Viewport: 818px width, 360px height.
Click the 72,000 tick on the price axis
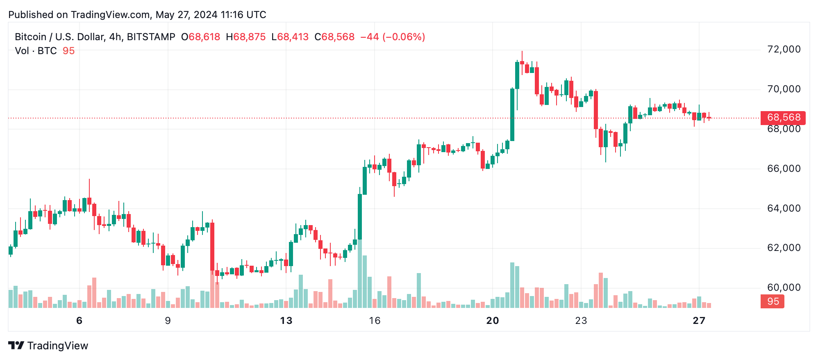coord(783,50)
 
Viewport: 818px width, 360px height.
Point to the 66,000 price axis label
coord(783,169)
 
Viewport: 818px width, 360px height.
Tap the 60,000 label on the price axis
coord(783,287)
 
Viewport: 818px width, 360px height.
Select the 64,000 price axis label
coord(783,208)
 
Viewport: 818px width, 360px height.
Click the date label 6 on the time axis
coord(80,321)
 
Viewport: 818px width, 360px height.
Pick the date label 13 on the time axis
coord(286,321)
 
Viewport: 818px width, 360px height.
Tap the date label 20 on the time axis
coord(493,321)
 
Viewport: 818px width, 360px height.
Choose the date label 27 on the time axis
coord(699,321)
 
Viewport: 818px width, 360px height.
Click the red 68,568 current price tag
coord(783,118)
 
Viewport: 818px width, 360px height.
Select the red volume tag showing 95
coord(773,301)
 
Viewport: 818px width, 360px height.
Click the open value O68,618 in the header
coord(201,37)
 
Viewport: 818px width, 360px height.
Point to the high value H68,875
coord(246,37)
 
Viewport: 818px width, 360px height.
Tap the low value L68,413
coord(290,37)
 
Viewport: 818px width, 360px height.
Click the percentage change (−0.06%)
coord(404,37)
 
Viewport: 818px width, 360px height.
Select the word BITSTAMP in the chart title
coord(151,37)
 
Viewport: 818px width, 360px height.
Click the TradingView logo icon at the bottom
coord(16,346)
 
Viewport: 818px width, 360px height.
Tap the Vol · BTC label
coord(36,51)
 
